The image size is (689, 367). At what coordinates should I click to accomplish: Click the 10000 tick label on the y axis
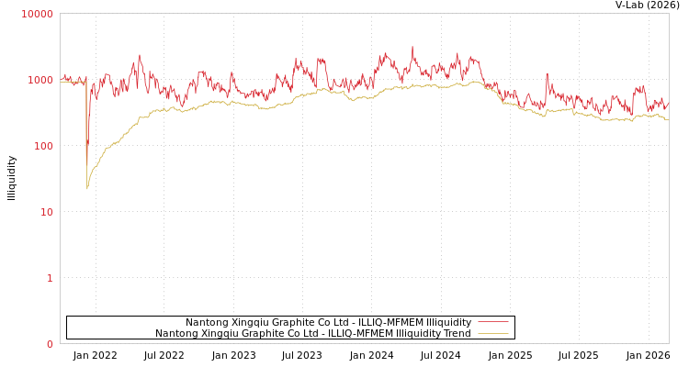point(38,14)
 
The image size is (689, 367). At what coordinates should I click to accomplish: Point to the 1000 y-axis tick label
point(40,80)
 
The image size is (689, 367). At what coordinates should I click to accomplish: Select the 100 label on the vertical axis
point(43,146)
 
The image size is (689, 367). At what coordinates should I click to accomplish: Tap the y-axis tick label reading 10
point(46,212)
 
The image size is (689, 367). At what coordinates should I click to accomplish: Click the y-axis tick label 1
point(50,278)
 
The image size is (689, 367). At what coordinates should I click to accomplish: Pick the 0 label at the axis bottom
point(50,344)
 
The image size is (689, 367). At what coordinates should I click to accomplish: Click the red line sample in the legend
point(493,322)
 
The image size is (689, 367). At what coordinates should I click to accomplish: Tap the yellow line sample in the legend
point(493,333)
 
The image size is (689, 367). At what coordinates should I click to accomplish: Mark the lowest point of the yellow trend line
point(87,189)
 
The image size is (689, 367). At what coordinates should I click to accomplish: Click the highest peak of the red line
point(412,48)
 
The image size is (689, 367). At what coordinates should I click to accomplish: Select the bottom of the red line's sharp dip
point(87,165)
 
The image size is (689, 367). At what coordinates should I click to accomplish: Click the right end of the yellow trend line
point(668,119)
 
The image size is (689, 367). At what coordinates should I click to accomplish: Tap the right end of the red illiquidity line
point(668,103)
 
